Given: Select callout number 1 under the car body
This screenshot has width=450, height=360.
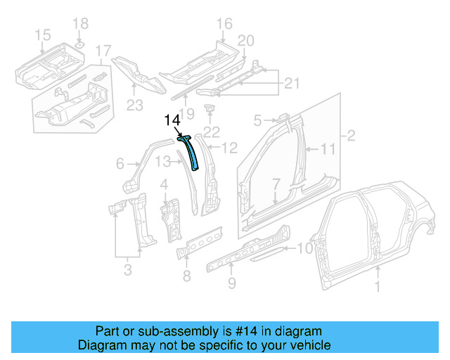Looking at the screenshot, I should (x=378, y=287).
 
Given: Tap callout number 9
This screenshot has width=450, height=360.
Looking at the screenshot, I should (x=232, y=284).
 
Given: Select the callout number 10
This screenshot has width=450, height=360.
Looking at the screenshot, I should (x=304, y=247).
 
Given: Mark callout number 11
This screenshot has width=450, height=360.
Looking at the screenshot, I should (x=329, y=149).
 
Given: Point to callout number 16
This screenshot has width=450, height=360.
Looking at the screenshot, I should (x=224, y=25).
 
